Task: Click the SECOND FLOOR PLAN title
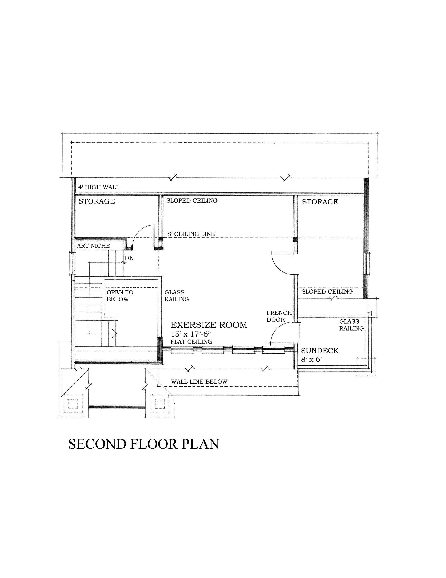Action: [x=144, y=444]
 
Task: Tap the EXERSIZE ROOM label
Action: [x=209, y=325]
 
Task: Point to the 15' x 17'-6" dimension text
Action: [x=191, y=334]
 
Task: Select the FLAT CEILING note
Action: [x=191, y=342]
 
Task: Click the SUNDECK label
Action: [x=320, y=351]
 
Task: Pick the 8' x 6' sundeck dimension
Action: [x=312, y=359]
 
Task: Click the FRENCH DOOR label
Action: [x=279, y=316]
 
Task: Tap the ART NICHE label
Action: [x=93, y=246]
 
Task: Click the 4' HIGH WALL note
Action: [x=99, y=187]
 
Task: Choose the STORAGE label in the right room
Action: [x=320, y=202]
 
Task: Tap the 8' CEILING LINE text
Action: [x=191, y=234]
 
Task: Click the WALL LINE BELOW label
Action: [x=199, y=381]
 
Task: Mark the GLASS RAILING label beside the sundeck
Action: [x=351, y=325]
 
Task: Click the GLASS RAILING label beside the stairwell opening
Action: [x=177, y=296]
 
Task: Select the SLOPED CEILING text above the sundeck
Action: [x=327, y=291]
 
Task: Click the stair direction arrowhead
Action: [x=115, y=334]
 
